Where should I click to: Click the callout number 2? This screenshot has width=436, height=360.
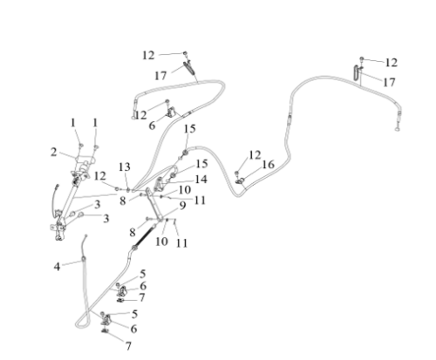tap(53, 152)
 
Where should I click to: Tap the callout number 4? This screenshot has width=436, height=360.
tap(57, 267)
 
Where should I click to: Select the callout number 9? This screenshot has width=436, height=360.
tap(182, 206)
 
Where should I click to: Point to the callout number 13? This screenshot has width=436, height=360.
tap(125, 167)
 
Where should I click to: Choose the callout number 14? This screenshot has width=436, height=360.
tap(201, 180)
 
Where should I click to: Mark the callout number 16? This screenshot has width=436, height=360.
tap(268, 165)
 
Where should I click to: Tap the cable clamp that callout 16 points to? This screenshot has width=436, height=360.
tap(240, 181)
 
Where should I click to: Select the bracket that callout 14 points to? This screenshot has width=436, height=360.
tap(159, 184)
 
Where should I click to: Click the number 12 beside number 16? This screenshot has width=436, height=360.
tap(255, 155)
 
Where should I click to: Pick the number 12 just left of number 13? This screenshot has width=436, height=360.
tap(100, 176)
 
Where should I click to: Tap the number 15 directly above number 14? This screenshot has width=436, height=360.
tap(201, 164)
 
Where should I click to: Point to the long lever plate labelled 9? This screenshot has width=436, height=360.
tap(153, 204)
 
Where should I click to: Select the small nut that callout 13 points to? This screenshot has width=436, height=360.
tap(127, 190)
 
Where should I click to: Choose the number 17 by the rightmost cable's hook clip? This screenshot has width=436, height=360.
tap(389, 83)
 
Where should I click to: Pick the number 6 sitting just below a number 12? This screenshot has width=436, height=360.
tap(152, 126)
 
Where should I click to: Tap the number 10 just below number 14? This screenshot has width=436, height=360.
tap(185, 190)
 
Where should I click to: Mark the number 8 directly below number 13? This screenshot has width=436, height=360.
tap(123, 200)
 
